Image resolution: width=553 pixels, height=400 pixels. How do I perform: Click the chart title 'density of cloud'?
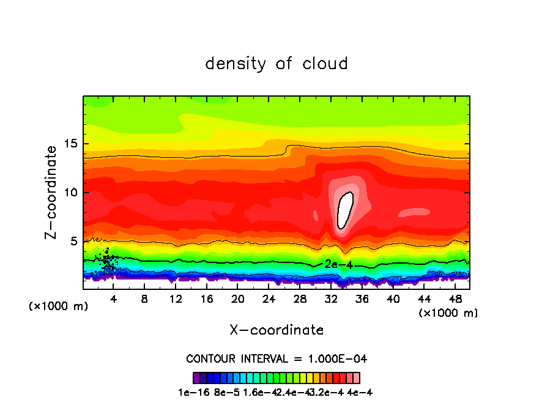276,64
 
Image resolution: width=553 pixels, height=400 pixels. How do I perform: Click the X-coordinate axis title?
276,330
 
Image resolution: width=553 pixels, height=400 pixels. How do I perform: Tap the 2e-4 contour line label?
338,264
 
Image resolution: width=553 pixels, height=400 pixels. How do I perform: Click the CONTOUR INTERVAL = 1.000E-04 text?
276,358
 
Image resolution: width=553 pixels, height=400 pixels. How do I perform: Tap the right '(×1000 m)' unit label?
448,313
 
